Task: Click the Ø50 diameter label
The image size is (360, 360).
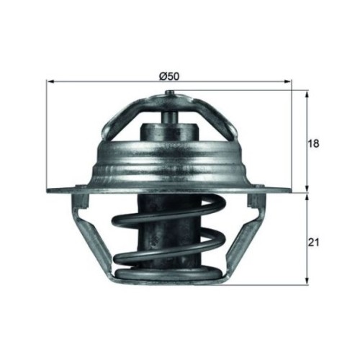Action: [169, 76]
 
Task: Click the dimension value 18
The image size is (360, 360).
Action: [313, 143]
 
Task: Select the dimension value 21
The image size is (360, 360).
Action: [314, 243]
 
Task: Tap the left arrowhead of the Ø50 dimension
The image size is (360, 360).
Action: [50, 81]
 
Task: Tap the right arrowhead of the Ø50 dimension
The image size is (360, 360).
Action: [288, 81]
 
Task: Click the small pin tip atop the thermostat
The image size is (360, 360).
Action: [169, 92]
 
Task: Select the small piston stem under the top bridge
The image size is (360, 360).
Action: [169, 118]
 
